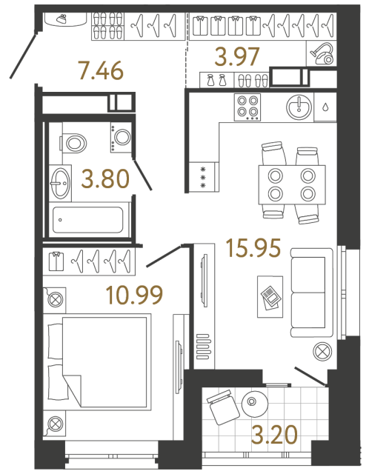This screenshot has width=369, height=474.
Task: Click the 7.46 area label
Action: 100,72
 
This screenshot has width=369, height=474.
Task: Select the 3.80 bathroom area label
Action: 104,178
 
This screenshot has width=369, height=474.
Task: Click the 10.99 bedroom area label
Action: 134,296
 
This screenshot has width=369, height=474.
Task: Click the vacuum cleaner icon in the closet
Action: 322,54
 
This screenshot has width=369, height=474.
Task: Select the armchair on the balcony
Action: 221,408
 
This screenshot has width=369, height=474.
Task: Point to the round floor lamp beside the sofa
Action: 322,351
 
